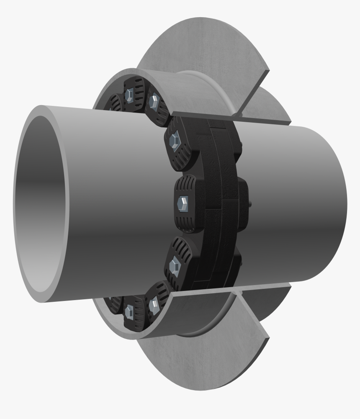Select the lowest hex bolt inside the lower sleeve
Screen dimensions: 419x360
[129, 311]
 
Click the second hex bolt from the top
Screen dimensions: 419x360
[154, 100]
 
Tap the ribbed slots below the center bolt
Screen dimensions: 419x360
[187, 223]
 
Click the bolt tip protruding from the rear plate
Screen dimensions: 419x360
[250, 204]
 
